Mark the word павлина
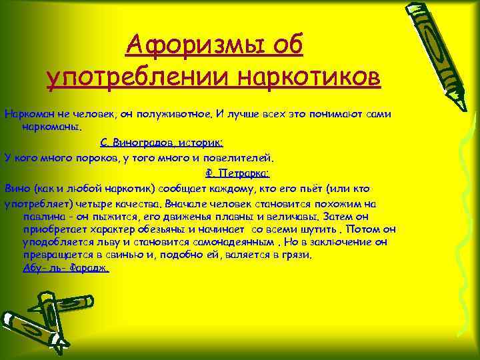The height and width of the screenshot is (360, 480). [x=41, y=216]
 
